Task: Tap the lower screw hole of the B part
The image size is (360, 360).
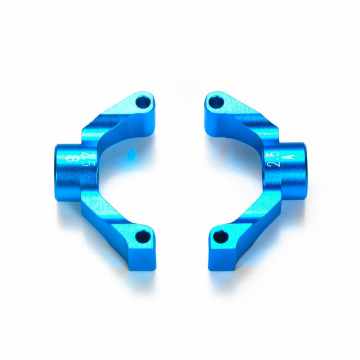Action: click(x=143, y=236)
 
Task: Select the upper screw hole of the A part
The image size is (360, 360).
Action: click(x=215, y=102)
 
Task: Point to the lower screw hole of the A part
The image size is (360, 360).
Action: click(x=220, y=237)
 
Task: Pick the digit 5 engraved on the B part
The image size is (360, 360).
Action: click(x=86, y=163)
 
